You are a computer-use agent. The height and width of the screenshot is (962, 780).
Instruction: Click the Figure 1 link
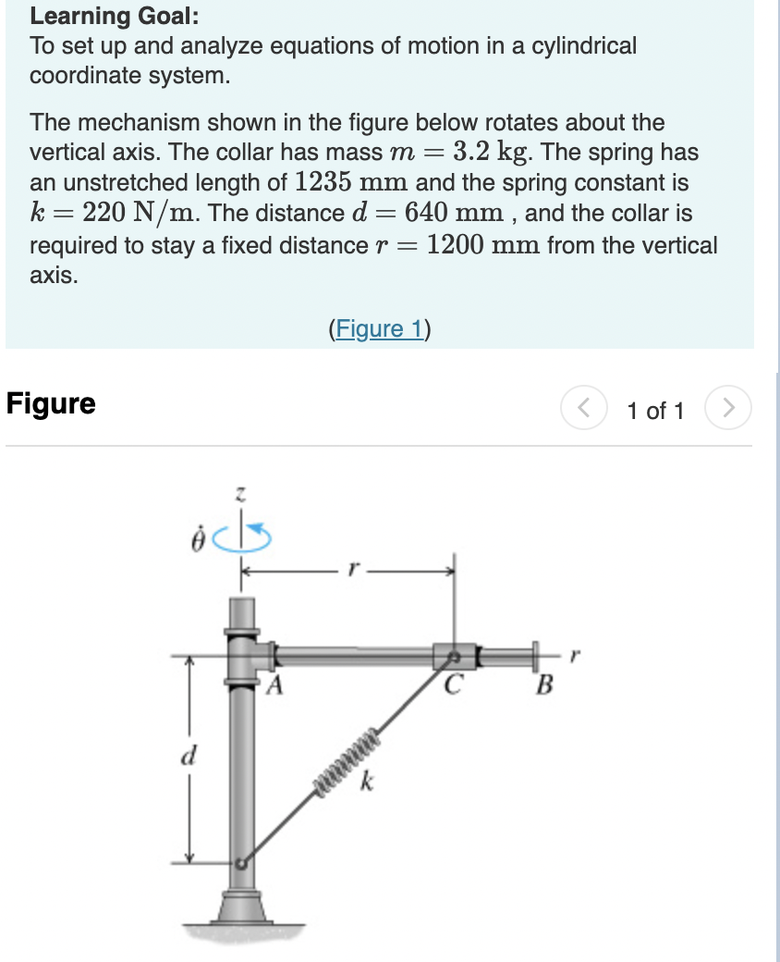pos(379,328)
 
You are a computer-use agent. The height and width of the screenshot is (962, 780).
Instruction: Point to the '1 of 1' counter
pos(655,411)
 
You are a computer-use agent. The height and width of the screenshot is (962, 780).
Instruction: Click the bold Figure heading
pos(51,404)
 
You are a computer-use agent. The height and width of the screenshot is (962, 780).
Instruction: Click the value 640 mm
pos(449,214)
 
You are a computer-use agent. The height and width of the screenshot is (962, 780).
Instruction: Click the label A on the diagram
pos(275,686)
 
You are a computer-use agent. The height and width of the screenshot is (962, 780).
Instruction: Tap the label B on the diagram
pos(545,687)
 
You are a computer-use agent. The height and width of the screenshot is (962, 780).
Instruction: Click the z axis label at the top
pos(240,498)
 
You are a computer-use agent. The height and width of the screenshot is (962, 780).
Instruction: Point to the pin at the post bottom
pos(240,863)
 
